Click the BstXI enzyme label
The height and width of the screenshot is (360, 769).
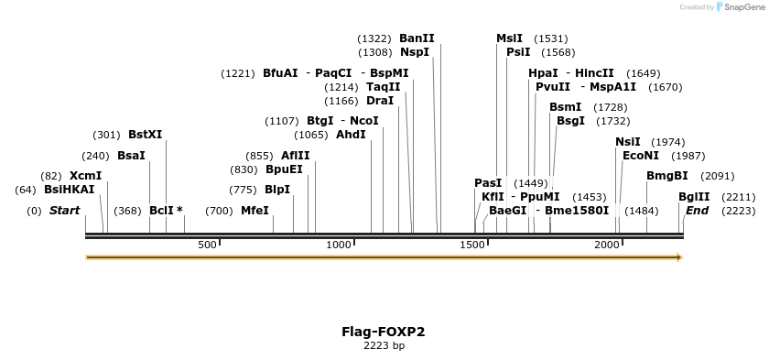[145, 135]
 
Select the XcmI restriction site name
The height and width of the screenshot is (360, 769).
[85, 176]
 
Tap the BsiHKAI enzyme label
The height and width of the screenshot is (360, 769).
[69, 190]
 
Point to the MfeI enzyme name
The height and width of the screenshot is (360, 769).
[255, 211]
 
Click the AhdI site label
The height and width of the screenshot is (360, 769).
[351, 135]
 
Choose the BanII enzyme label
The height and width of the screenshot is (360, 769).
[417, 38]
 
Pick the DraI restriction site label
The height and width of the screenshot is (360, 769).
[379, 101]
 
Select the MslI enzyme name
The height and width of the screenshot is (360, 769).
[509, 38]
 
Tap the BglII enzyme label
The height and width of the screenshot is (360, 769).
[693, 197]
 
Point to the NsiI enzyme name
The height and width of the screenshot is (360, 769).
[628, 142]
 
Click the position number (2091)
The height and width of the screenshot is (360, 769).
[717, 177]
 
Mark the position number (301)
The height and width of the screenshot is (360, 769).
[106, 136]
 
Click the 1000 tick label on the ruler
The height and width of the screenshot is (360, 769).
[340, 245]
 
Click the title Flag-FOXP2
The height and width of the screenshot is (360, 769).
[383, 332]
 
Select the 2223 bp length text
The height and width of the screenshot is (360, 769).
[384, 346]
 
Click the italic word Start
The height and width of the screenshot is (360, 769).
[64, 211]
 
